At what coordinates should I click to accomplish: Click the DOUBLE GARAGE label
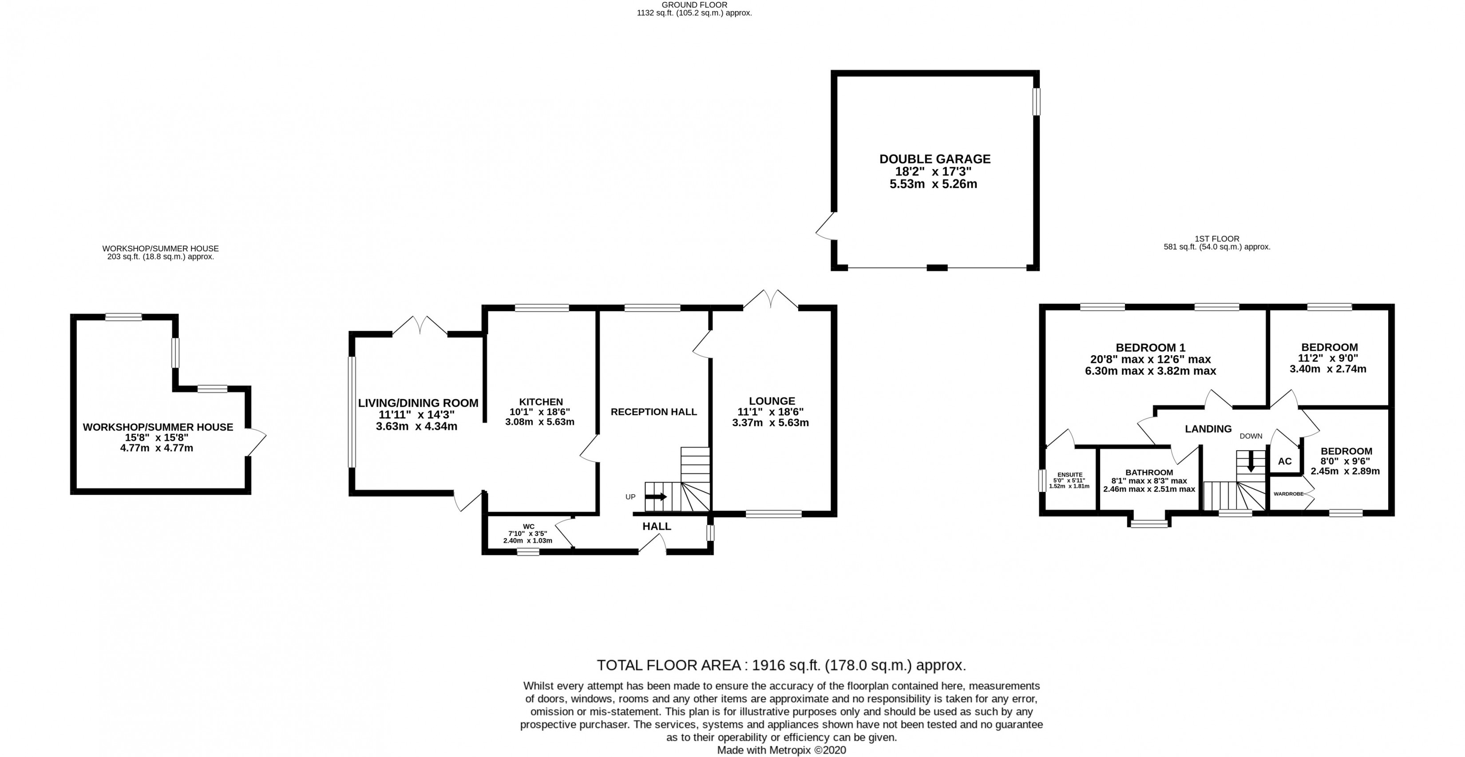click(935, 159)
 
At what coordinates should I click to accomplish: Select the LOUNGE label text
click(772, 401)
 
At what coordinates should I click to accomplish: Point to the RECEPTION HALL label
click(653, 412)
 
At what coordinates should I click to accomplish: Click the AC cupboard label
click(1285, 461)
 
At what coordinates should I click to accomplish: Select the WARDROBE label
click(1288, 494)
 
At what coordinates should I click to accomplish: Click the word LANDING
click(1208, 429)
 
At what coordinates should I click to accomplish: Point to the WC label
click(528, 527)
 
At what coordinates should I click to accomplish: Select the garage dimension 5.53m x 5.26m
click(933, 184)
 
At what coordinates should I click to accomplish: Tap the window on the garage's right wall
click(1036, 101)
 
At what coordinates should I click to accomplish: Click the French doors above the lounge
click(771, 299)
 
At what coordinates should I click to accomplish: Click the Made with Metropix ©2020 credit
click(781, 750)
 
